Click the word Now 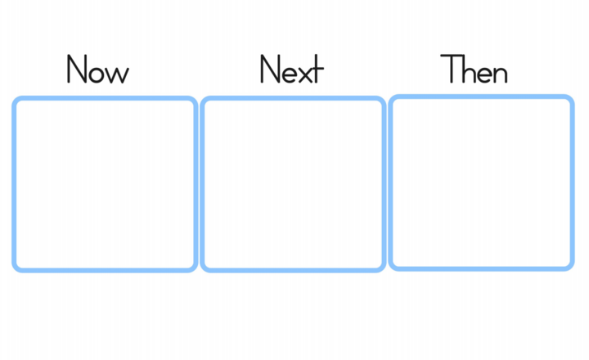98,69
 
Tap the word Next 292,69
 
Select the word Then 474,69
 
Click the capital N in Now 77,69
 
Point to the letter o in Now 97,74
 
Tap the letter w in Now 119,74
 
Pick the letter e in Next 290,74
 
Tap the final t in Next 318,69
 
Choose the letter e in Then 484,74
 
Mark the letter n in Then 501,74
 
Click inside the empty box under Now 105,184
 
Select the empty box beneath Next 293,184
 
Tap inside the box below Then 481,182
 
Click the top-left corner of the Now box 14,98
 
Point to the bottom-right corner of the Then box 573,268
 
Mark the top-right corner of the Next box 384,98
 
